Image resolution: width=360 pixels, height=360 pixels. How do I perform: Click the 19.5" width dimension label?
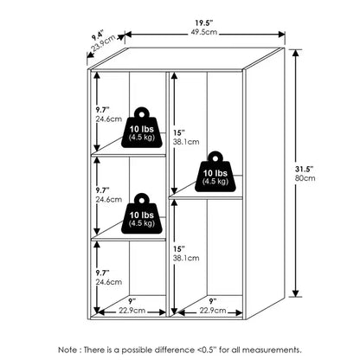pos(204,22)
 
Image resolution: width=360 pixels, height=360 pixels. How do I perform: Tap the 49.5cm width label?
pos(204,32)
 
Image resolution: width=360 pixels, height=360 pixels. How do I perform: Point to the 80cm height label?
pos(305,178)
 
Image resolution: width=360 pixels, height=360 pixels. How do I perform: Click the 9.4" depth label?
pos(97,36)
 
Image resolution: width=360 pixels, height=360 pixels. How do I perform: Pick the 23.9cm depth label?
pos(104,43)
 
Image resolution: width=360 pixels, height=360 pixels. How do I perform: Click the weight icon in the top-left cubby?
pos(142,128)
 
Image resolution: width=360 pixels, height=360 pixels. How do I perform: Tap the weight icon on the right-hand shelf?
pos(215,171)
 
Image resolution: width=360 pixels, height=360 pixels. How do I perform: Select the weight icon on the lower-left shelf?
pos(142,214)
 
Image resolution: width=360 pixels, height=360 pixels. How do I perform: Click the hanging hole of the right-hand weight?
pos(215,158)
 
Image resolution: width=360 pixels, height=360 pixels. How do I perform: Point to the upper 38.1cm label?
pos(186,142)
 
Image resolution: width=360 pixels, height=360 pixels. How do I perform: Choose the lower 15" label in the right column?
pos(178,248)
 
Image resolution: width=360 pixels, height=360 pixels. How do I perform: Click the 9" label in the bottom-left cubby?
pos(132,302)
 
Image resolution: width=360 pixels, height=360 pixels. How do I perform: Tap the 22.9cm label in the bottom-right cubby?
pos(213,311)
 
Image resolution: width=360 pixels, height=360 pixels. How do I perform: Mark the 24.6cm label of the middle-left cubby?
pos(109,199)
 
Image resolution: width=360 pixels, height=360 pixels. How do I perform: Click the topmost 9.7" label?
pos(103,110)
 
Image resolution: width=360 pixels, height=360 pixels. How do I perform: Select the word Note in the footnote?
pos(67,350)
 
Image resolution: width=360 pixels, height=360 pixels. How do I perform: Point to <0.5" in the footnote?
pos(207,350)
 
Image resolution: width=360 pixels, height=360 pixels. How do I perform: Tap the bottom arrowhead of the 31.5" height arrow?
pos(295,293)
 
